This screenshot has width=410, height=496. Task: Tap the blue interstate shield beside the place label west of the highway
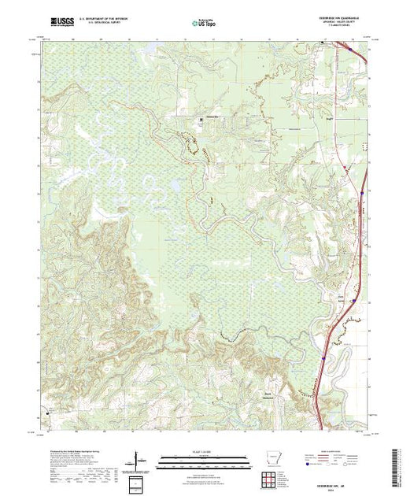point(353,301)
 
